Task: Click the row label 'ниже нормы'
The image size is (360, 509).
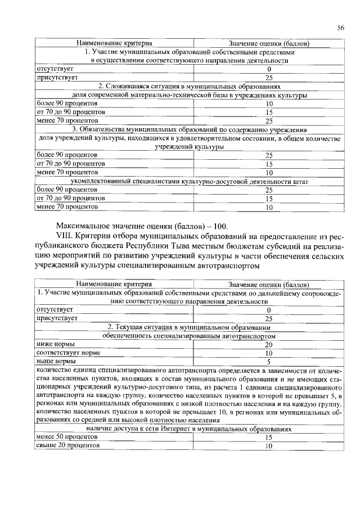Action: pos(55,344)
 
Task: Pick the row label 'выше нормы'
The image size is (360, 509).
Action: pos(55,361)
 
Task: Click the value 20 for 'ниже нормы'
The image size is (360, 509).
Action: pos(268,344)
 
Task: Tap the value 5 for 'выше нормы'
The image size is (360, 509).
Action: pos(268,362)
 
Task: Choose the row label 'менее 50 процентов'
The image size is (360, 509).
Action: pos(66,436)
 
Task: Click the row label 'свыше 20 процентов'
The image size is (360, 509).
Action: pos(67,445)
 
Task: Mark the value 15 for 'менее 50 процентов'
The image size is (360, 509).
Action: pos(268,436)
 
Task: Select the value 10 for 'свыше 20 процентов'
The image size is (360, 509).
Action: pos(268,445)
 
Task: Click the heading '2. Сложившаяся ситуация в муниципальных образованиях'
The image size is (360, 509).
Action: pos(189,86)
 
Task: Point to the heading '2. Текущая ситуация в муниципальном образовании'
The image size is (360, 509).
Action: pos(189,327)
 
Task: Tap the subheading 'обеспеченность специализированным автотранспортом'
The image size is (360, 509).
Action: pos(189,336)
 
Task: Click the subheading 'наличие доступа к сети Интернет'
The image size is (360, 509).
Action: pos(189,428)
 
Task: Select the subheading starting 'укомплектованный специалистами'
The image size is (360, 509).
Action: pos(189,182)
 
